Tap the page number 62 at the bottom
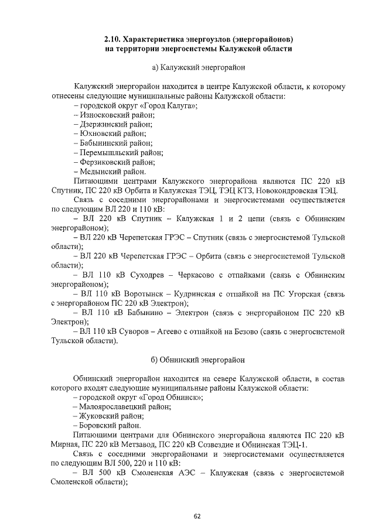pyautogui.click(x=197, y=516)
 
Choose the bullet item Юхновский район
pyautogui.click(x=109, y=134)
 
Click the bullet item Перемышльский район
pyautogui.click(x=118, y=153)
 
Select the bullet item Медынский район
pyautogui.click(x=109, y=172)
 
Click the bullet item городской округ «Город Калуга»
pyautogui.click(x=135, y=105)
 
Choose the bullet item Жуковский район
pyautogui.click(x=109, y=415)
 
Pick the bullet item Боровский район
pyautogui.click(x=107, y=425)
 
